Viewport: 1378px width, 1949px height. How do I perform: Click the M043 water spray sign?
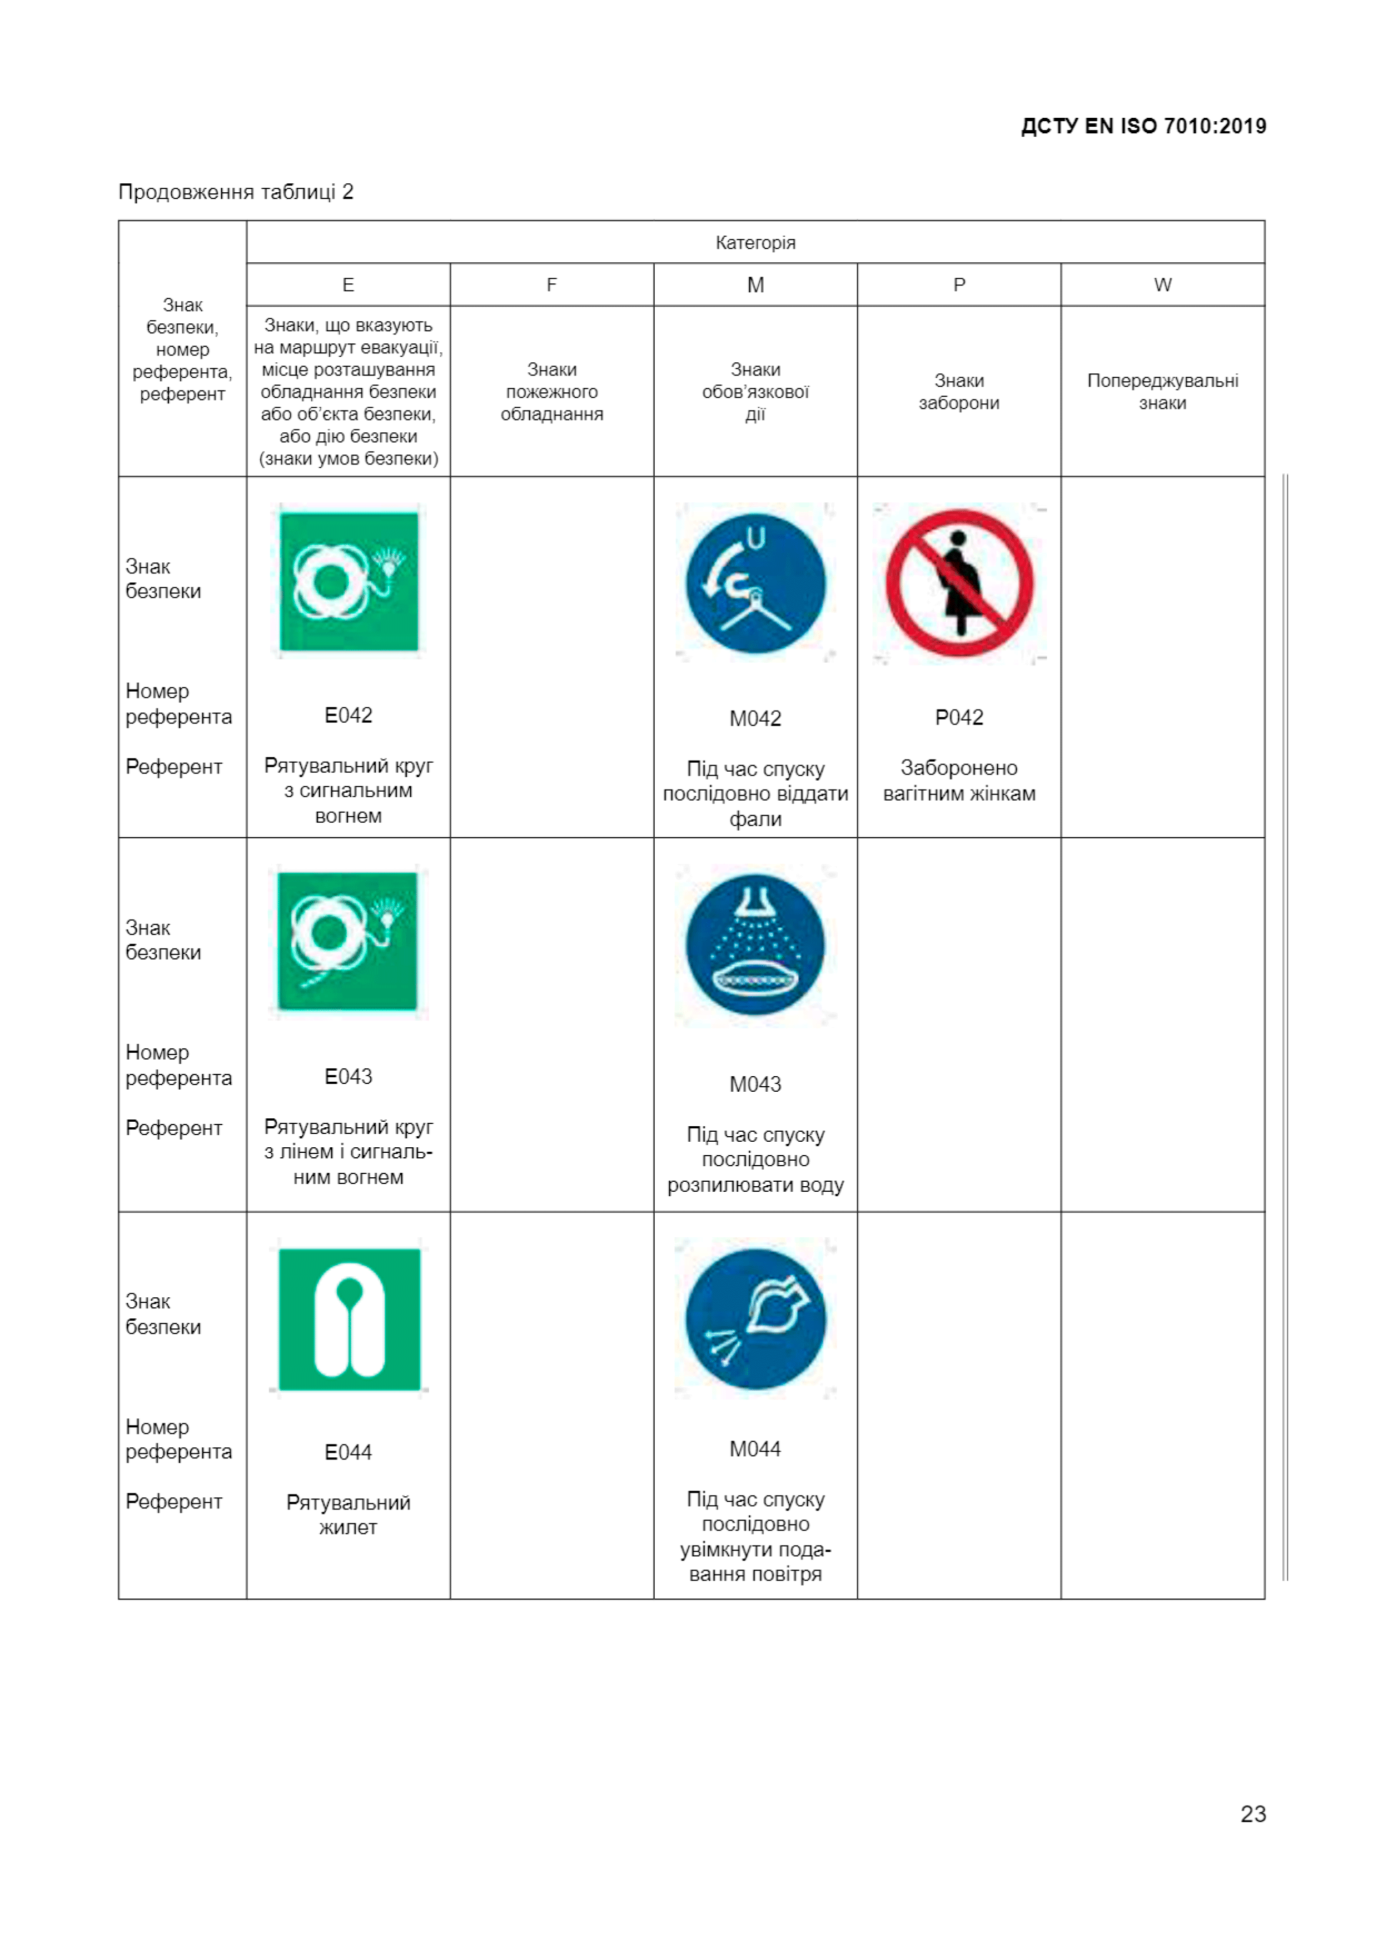point(755,945)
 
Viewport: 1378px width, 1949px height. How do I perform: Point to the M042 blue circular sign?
point(755,583)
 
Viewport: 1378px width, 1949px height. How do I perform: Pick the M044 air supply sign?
point(755,1318)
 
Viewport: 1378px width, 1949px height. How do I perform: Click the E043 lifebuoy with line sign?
point(347,941)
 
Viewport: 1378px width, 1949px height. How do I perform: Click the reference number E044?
point(348,1452)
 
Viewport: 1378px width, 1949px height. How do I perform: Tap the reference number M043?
point(755,1084)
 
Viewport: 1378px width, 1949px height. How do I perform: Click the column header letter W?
point(1162,285)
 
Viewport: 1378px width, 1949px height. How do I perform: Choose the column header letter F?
point(552,285)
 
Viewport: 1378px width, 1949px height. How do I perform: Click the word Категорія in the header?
point(755,243)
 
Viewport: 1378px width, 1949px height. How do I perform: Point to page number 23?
point(1252,1814)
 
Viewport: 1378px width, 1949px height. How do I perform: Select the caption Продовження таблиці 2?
point(236,192)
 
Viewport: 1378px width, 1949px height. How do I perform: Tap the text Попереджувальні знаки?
point(1162,391)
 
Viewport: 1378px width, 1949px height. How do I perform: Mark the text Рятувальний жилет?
point(348,1515)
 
